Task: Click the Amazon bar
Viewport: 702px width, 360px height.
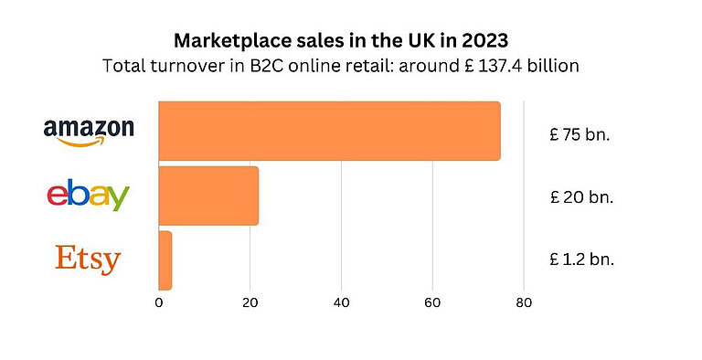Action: point(329,131)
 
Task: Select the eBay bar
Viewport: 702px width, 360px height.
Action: point(208,196)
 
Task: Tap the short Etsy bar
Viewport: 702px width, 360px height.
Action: point(165,260)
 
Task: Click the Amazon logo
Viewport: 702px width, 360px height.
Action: point(89,130)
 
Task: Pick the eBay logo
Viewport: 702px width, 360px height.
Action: point(88,195)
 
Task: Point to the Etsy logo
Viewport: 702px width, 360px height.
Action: point(88,259)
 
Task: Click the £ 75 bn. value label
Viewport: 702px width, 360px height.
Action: point(580,134)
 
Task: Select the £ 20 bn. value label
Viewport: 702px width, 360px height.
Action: point(580,196)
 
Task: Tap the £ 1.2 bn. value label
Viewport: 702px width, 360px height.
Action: point(581,259)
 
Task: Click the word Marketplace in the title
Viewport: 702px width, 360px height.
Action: point(227,41)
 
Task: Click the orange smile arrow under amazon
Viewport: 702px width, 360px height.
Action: point(86,140)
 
